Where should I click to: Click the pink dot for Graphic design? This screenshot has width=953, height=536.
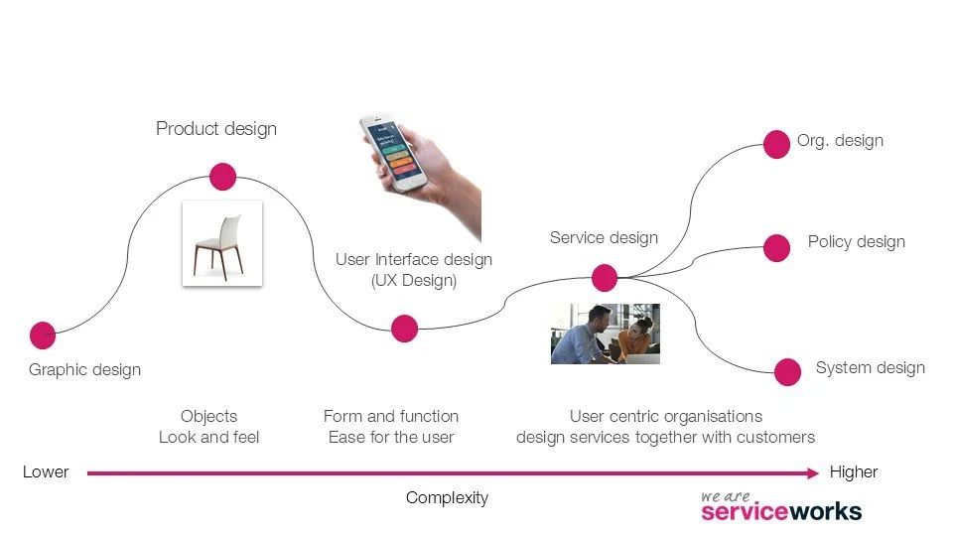click(x=43, y=335)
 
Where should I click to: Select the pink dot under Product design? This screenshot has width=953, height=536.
click(x=222, y=178)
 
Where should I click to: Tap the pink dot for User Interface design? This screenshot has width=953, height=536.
click(x=404, y=329)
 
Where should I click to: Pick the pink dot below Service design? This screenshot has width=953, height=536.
click(x=604, y=278)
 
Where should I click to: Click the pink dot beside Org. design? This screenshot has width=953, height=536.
click(x=776, y=144)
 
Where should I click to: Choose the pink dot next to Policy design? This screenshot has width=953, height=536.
click(x=776, y=247)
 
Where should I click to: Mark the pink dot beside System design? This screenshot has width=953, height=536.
click(x=787, y=372)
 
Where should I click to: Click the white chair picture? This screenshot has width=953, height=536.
click(x=222, y=243)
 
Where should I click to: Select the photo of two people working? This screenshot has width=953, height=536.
click(x=606, y=334)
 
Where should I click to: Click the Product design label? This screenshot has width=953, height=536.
click(x=216, y=129)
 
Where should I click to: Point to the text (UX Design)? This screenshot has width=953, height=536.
click(x=414, y=281)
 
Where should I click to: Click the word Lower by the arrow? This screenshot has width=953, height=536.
click(x=46, y=472)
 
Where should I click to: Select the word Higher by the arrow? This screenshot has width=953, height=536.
click(x=854, y=472)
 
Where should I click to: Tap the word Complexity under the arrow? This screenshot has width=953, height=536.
click(x=447, y=498)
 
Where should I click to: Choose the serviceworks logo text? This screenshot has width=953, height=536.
click(x=780, y=511)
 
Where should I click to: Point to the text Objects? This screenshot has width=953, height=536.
click(x=208, y=416)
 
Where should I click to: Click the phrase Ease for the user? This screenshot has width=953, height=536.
click(x=391, y=437)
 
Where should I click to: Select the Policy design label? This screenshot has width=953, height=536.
click(x=856, y=242)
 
